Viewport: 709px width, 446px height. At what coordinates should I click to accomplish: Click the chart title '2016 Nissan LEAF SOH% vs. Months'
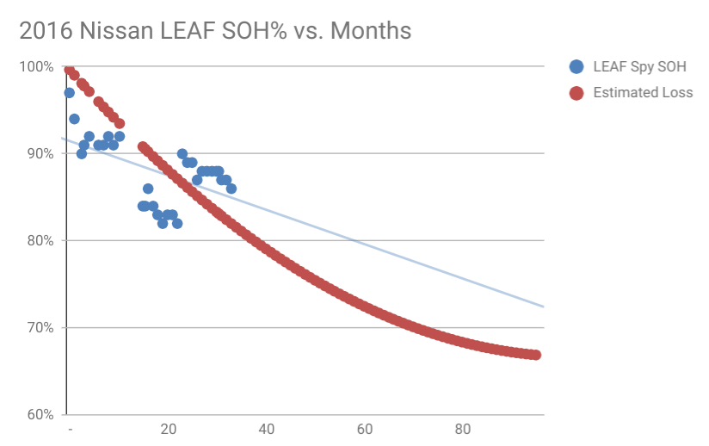[215, 32]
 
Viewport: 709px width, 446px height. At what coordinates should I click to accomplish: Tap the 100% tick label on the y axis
[38, 66]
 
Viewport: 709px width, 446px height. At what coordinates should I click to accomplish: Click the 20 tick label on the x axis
[169, 431]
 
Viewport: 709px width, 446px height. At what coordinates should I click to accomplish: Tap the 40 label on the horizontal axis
[267, 431]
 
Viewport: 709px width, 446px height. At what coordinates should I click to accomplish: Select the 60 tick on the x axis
[365, 431]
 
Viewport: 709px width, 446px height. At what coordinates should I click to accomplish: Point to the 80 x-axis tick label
[463, 431]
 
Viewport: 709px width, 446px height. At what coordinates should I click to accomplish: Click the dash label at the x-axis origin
[70, 431]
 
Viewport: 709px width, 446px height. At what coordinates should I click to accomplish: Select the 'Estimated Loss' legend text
[643, 92]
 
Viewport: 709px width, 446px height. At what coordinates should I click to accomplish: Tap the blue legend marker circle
[576, 66]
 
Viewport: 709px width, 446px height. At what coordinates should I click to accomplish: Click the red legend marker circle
[576, 92]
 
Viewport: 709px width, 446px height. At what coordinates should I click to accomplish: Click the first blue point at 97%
[70, 92]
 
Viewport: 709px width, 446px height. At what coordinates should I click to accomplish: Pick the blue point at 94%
[74, 119]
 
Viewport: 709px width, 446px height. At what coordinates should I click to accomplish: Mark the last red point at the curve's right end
[535, 355]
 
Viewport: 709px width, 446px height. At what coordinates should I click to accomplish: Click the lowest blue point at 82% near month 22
[177, 223]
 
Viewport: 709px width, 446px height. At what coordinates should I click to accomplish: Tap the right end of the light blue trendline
[543, 306]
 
